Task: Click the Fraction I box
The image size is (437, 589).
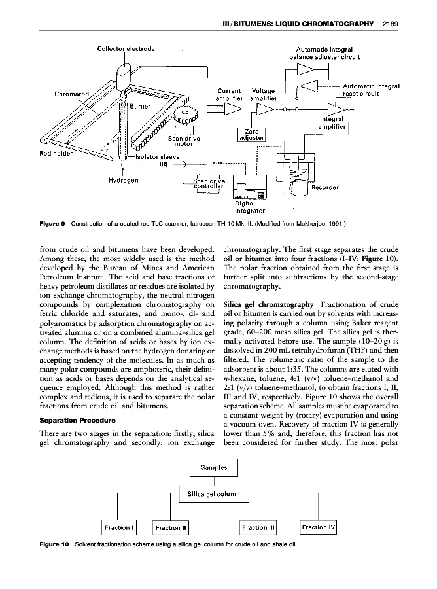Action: click(x=117, y=527)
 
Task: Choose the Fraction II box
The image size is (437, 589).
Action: click(x=168, y=527)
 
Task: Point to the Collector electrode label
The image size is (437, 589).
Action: click(x=126, y=48)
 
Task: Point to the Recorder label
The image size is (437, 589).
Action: click(x=325, y=187)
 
